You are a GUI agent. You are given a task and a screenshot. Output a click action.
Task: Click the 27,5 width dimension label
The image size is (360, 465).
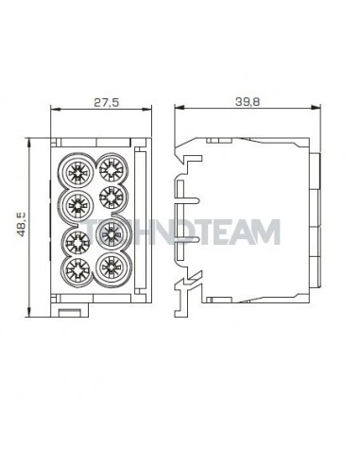pyautogui.click(x=107, y=102)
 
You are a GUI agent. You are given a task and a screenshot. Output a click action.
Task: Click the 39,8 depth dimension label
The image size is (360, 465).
pyautogui.click(x=248, y=102)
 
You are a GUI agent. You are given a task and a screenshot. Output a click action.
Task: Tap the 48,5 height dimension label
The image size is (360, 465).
pyautogui.click(x=22, y=224)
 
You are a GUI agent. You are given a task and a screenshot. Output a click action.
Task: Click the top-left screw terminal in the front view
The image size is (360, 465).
pyautogui.click(x=77, y=172)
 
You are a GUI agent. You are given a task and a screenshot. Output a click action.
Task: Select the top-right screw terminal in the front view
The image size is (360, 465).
pyautogui.click(x=111, y=169)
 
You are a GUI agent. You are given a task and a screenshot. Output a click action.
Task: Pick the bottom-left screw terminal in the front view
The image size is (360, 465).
pyautogui.click(x=77, y=270)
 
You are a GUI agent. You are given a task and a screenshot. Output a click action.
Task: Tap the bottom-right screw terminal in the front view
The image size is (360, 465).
pyautogui.click(x=111, y=267)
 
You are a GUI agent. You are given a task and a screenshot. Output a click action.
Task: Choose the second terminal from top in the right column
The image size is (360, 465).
pyautogui.click(x=111, y=198)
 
